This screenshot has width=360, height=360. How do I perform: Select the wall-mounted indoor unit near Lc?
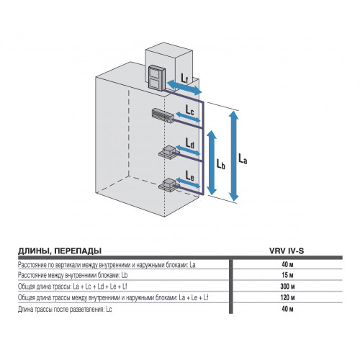(163, 114)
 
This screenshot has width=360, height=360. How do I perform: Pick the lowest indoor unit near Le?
(168, 184)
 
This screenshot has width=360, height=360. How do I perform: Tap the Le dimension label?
(189, 175)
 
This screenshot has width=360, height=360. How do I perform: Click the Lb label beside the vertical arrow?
(221, 164)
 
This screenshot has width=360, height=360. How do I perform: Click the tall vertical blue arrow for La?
(234, 155)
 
